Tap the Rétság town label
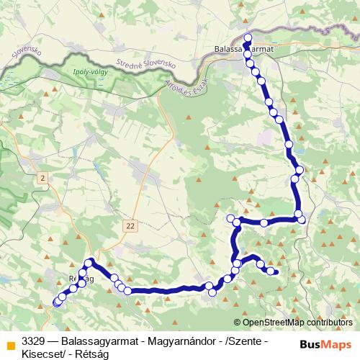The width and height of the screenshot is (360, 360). tap(81, 277)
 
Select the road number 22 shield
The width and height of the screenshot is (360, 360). tap(130, 225)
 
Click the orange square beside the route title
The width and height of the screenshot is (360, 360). tap(9, 340)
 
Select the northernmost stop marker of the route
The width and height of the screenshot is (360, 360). tap(248, 38)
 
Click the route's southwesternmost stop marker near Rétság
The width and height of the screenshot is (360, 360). tap(57, 303)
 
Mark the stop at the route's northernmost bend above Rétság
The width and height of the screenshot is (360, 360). tap(90, 262)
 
